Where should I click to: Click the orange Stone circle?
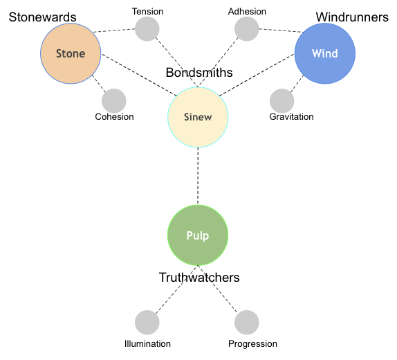[x=71, y=53]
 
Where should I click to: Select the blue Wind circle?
[x=325, y=53]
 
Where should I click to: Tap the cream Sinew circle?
[x=198, y=117]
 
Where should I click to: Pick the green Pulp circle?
[x=198, y=235]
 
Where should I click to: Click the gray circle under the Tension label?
[x=147, y=29]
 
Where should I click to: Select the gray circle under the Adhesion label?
[x=247, y=29]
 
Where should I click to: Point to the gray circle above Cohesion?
[x=114, y=101]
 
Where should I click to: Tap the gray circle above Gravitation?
[x=281, y=101]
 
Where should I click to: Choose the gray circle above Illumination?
[x=147, y=323]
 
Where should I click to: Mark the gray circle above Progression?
[x=247, y=323]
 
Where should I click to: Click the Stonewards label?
[x=43, y=17]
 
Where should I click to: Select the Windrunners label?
[x=352, y=17]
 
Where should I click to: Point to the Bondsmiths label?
[x=199, y=73]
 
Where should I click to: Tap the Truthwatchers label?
[x=199, y=278]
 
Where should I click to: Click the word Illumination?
[x=147, y=344]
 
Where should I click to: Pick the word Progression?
[x=252, y=344]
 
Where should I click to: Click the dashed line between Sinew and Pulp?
[x=198, y=177]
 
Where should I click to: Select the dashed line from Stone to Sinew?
[x=139, y=75]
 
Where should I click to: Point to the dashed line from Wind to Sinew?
[x=257, y=75]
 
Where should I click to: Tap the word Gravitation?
[x=291, y=116]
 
